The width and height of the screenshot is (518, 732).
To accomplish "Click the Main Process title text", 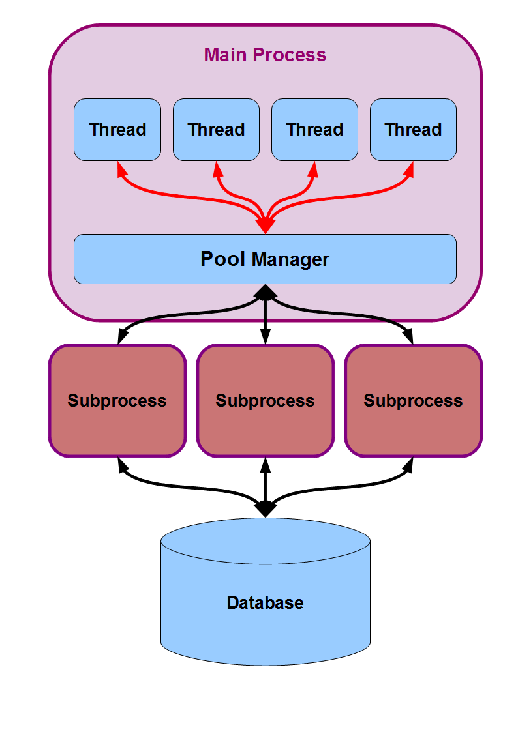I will [x=265, y=55].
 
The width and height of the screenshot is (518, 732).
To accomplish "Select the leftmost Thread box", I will [x=117, y=130].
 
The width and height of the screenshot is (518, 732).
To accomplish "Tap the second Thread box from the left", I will [x=216, y=130].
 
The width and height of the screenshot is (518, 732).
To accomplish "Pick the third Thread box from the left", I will [x=314, y=130].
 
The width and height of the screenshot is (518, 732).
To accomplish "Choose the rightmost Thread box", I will [x=413, y=130].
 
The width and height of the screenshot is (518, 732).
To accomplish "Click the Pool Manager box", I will [x=265, y=259].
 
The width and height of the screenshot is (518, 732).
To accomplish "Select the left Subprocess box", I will [x=117, y=400].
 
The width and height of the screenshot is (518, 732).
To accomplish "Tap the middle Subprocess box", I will [x=265, y=400].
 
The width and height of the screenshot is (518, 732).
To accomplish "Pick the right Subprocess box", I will [x=413, y=400].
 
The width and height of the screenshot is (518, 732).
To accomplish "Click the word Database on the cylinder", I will [x=265, y=602].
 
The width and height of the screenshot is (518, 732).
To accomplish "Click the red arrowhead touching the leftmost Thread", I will [x=120, y=169].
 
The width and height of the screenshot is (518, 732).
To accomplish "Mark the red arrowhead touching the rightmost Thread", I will [x=410, y=169].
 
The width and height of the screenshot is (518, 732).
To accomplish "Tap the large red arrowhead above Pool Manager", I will [x=265, y=225].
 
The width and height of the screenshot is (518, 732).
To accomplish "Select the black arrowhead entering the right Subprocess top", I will [x=410, y=337].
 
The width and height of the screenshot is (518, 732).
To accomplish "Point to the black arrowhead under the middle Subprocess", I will [x=265, y=464].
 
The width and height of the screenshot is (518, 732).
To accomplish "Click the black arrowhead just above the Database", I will [x=265, y=509].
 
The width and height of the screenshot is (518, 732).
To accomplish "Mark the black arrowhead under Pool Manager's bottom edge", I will [x=265, y=292].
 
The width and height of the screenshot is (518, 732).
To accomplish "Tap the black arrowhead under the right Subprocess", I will [x=410, y=464].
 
